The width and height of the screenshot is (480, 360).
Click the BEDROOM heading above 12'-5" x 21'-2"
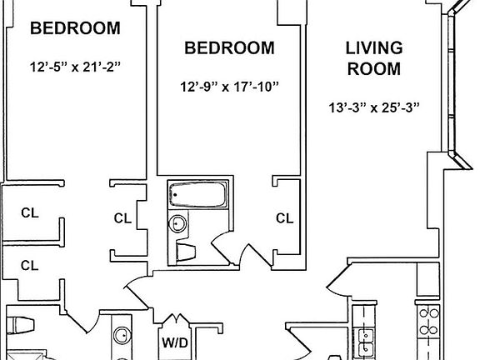coord(75,28)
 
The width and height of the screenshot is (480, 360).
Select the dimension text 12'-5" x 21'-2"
coord(75,67)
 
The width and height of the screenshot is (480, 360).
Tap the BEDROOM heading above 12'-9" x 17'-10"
coord(229,48)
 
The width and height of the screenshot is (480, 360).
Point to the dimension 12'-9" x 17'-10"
coord(230,87)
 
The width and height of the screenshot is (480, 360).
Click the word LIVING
coord(374,48)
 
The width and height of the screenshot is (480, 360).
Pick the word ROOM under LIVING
coord(374,68)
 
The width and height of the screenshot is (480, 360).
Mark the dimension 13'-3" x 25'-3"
coord(374,107)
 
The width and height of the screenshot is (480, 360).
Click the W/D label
coord(175,342)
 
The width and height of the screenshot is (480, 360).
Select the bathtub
coord(198,194)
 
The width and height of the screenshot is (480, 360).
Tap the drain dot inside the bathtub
coord(175,195)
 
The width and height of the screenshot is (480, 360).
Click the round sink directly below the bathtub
coord(177,224)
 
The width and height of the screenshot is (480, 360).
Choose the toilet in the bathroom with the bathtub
coord(186,252)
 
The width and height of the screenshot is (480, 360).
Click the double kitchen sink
coord(366,340)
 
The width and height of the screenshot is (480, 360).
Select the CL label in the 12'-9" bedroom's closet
coord(284,218)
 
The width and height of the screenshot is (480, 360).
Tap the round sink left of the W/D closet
coord(122,336)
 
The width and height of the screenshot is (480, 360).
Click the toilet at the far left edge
coord(20,325)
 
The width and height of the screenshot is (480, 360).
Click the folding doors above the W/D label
coord(175,319)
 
